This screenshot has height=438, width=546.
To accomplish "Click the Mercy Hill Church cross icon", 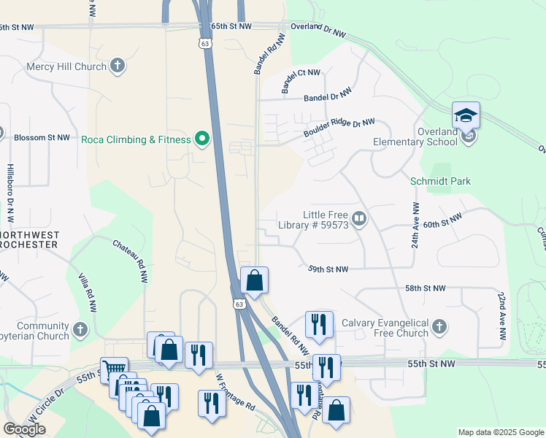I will (117, 66).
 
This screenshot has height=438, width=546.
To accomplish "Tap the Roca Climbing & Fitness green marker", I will (202, 139).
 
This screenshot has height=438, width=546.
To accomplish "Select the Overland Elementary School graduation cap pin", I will (466, 115).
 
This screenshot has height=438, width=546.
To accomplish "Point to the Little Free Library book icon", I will (358, 218).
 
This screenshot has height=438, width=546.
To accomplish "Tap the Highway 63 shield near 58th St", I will (238, 303).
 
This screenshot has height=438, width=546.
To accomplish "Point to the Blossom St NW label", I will (42, 137).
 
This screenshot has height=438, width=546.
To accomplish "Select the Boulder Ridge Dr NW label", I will (339, 128).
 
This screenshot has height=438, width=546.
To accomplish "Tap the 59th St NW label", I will (328, 269).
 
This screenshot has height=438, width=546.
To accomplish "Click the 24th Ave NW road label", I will (415, 226).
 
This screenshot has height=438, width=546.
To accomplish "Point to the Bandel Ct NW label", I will (301, 82).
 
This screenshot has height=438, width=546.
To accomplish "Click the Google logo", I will (24, 429).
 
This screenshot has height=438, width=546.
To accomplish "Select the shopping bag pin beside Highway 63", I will (254, 280).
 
